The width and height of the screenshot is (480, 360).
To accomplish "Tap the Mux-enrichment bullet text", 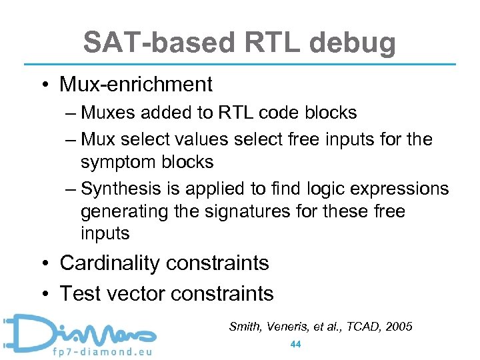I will pyautogui.click(x=136, y=85).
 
